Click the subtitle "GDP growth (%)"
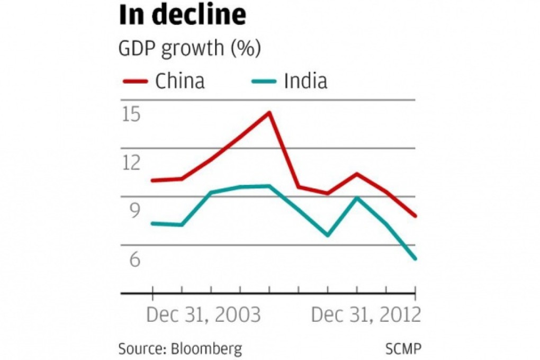click(190, 49)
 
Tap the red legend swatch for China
click(135, 82)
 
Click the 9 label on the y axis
click(132, 211)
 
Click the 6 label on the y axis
click(132, 259)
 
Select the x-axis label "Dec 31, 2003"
click(203, 315)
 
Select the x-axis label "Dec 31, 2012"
click(366, 315)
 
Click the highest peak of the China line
click(269, 112)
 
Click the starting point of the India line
click(152, 223)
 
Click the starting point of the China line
click(152, 181)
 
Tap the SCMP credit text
click(404, 349)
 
